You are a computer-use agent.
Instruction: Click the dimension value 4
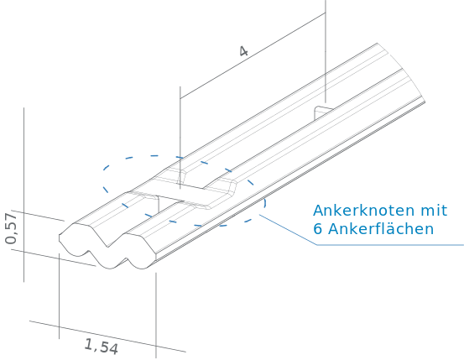pos(243,51)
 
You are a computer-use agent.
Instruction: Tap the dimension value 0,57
pos(11,228)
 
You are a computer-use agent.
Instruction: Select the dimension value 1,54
pos(102,347)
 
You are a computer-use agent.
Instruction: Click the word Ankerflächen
pos(381,229)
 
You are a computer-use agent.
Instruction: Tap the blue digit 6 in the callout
pos(317,229)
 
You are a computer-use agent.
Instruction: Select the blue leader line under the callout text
pos(361,245)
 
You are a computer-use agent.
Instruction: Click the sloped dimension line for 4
pos(253,55)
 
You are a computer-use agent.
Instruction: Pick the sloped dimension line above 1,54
pos(107,337)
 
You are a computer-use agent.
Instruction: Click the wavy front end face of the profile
pos(107,247)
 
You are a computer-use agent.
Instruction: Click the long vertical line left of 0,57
pos(24,195)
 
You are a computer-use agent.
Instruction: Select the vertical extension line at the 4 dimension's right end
pos(326,51)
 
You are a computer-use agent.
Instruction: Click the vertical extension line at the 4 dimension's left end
pos(180,138)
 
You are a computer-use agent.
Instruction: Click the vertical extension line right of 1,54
pos(156,316)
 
